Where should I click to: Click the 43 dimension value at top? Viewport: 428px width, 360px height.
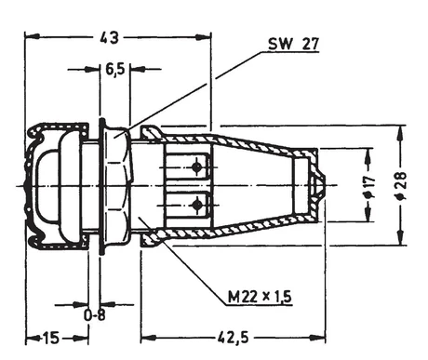point(109,37)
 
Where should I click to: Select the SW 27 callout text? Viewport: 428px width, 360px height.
point(293,44)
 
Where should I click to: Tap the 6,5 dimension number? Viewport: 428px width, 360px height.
point(115,70)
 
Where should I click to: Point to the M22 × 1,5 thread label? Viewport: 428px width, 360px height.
point(260,297)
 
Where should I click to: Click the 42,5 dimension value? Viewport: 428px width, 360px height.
point(234,338)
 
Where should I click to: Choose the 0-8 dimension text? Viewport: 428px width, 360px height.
point(95,315)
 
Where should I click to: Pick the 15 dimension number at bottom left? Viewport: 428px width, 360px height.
point(50,338)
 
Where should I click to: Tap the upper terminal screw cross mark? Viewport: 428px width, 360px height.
point(196,167)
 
